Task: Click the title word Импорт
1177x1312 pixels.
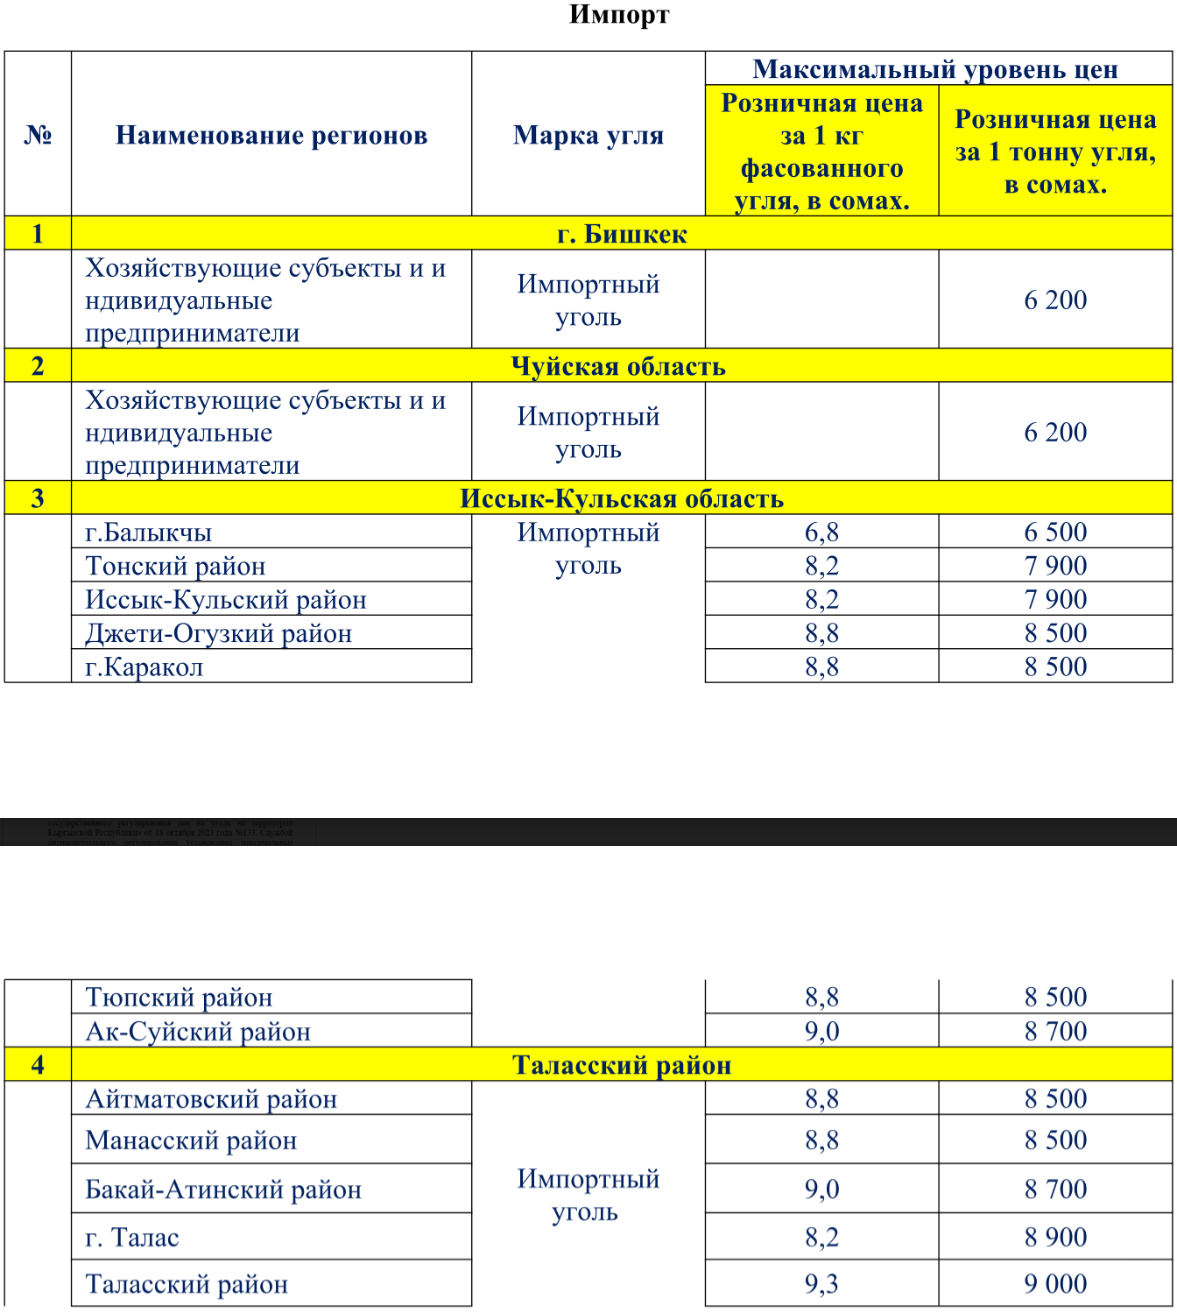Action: (619, 15)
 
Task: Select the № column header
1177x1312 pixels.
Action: (38, 135)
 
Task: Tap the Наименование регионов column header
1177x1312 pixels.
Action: (271, 135)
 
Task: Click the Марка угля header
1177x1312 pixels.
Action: (588, 135)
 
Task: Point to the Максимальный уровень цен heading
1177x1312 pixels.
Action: (935, 69)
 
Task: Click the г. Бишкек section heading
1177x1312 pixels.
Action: (622, 234)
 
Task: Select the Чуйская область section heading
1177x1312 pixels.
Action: (618, 366)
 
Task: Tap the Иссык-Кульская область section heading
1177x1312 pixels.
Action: (622, 498)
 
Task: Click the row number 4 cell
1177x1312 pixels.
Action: (38, 1065)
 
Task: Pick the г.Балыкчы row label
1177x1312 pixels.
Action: (149, 533)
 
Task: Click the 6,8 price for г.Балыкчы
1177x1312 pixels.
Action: (821, 532)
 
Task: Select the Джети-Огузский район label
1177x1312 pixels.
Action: (218, 633)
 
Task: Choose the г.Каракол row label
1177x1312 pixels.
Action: (144, 667)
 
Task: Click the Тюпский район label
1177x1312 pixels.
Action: (179, 998)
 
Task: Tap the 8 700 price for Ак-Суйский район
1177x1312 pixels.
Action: (1055, 1031)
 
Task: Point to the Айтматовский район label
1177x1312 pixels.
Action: (211, 1099)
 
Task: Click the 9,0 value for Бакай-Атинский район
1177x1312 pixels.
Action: (821, 1189)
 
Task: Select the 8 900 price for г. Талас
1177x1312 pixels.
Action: (1055, 1237)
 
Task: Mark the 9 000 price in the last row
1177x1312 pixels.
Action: (1055, 1284)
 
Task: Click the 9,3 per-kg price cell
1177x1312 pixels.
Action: (821, 1284)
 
